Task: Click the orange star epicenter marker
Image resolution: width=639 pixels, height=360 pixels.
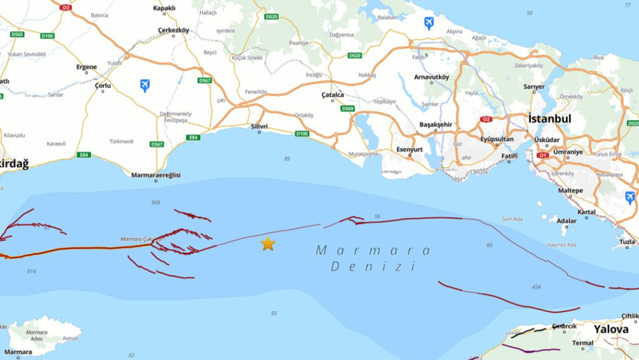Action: click(x=268, y=244)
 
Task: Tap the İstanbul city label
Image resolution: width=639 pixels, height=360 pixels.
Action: click(x=550, y=119)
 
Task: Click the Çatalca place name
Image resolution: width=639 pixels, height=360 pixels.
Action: click(x=332, y=95)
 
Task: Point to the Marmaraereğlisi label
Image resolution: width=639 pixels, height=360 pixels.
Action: click(x=156, y=175)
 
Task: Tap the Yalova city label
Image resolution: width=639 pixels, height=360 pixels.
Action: click(x=610, y=329)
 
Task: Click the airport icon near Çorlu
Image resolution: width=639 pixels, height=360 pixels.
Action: click(x=144, y=85)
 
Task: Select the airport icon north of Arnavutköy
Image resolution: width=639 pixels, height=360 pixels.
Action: click(x=429, y=23)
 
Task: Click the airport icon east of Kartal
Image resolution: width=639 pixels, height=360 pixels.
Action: click(x=629, y=197)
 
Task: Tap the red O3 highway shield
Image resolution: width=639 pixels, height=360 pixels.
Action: click(x=65, y=8)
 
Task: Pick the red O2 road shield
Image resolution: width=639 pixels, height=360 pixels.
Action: click(x=486, y=119)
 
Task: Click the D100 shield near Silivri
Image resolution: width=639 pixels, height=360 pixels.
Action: click(x=301, y=134)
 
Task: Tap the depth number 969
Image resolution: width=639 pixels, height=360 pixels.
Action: click(x=156, y=202)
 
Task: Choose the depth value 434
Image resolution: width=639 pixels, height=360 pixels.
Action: click(x=535, y=287)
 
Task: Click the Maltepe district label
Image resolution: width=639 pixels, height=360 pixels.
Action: click(x=570, y=190)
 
